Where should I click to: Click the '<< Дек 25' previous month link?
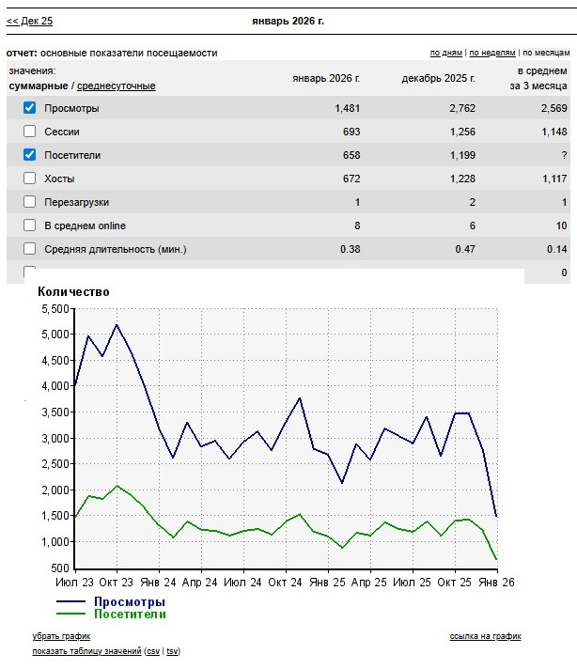point(29,21)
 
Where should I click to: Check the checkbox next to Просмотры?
point(29,108)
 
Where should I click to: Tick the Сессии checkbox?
point(29,132)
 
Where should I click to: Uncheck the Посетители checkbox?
point(29,155)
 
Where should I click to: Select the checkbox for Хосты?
point(29,179)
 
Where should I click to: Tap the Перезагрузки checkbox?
point(29,202)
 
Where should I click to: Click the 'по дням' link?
point(446,54)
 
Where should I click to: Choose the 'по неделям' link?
point(492,54)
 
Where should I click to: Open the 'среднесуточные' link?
point(117,86)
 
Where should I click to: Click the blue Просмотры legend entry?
point(129,601)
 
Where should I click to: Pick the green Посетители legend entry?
point(129,614)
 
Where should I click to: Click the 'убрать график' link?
point(61,637)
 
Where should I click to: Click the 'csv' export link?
point(152,651)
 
